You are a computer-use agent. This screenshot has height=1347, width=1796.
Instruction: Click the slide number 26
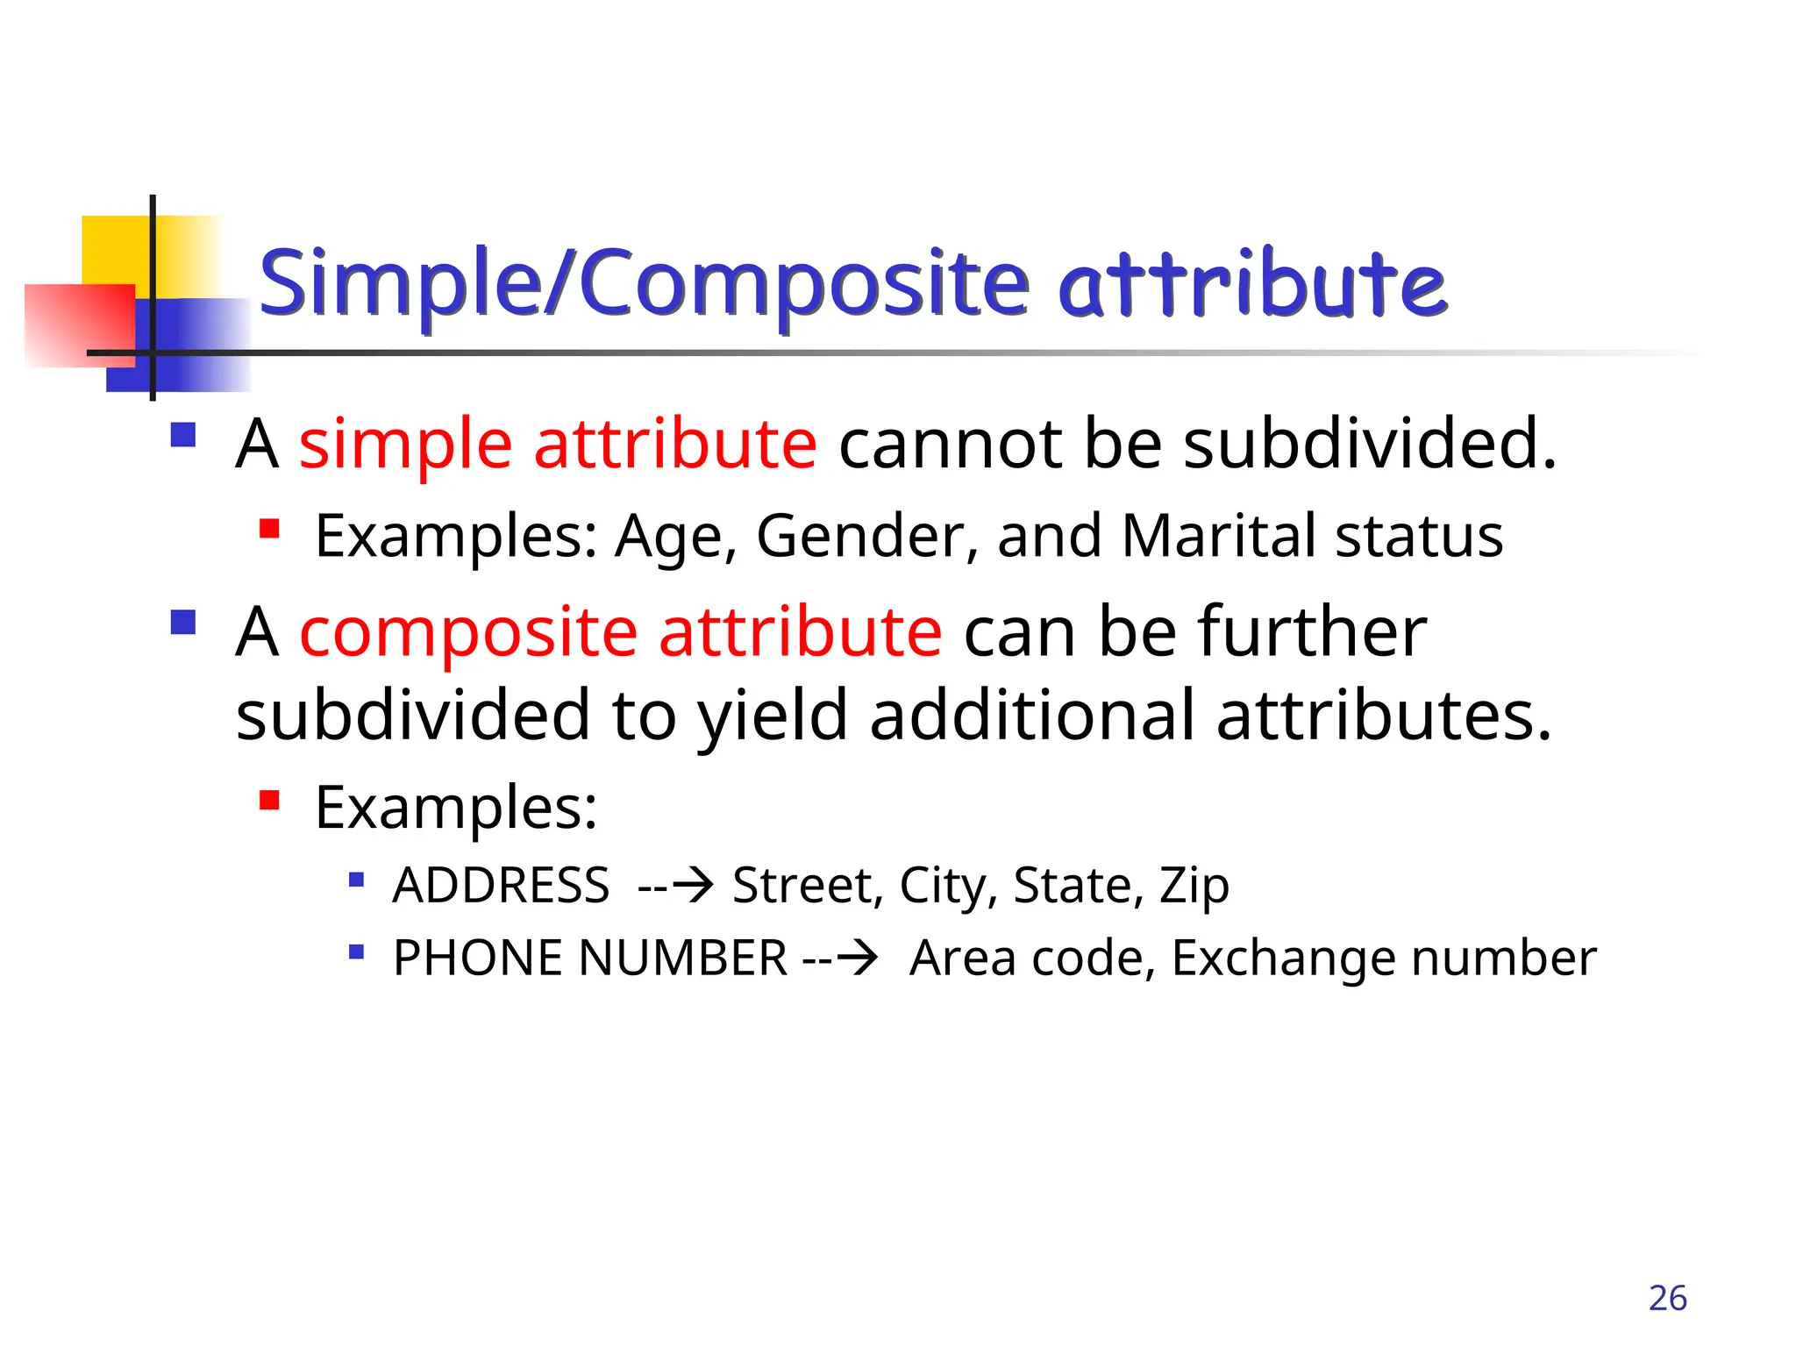(x=1667, y=1298)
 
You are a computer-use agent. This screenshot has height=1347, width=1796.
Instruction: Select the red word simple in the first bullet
(x=405, y=445)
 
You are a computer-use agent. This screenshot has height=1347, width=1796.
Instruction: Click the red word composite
(x=468, y=633)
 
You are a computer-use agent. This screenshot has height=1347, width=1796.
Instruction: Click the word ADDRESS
(x=501, y=885)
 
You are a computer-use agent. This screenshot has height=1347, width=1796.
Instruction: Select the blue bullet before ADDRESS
(x=356, y=880)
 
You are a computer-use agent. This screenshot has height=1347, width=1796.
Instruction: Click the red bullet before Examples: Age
(x=269, y=529)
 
